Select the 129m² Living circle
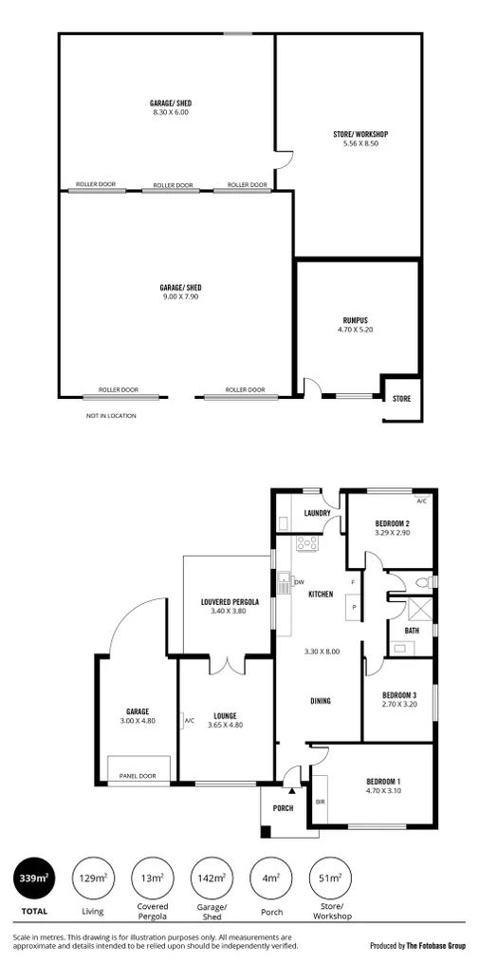92,879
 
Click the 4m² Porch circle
270,879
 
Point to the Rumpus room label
356,319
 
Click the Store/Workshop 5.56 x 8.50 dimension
360,143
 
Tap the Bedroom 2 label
391,523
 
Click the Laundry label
316,514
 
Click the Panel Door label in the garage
138,776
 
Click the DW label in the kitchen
299,582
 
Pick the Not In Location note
111,415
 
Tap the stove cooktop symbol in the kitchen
306,544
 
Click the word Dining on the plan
320,701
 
